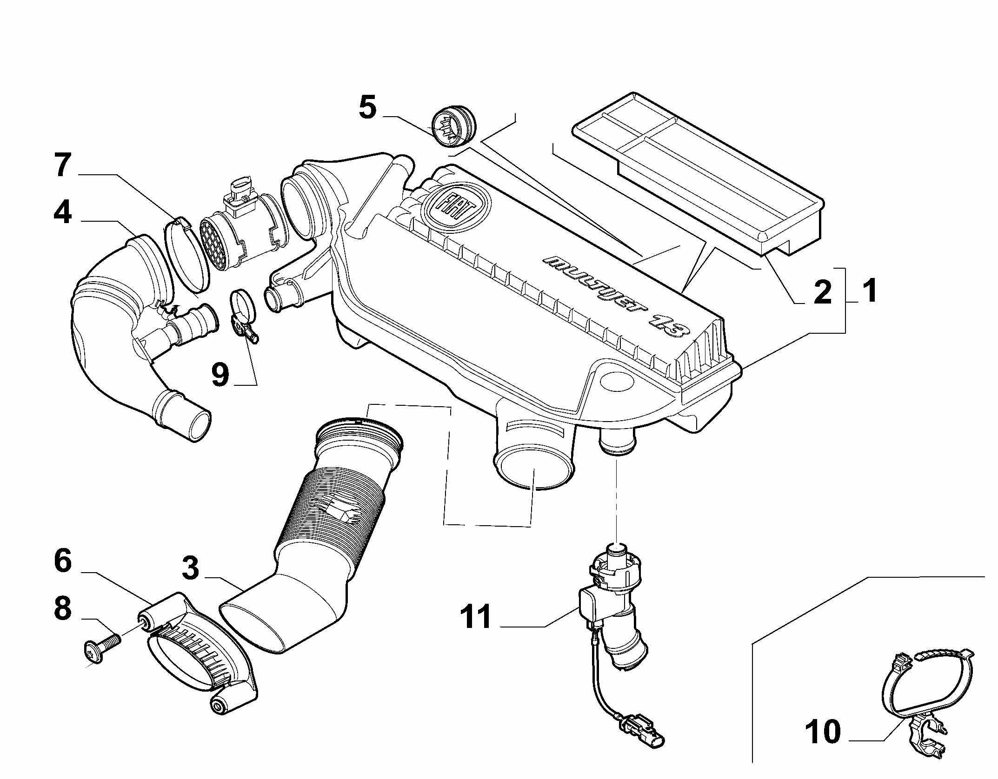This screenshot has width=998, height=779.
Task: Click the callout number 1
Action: pos(867,291)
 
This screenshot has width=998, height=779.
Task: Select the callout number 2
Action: pos(822,292)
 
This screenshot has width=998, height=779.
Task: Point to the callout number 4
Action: pos(62,213)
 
